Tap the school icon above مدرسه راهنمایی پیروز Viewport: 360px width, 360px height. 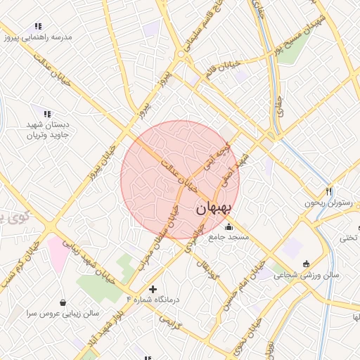pos(37,27)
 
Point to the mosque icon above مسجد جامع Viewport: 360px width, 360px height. pos(229,226)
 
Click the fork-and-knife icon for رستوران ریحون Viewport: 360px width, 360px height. pos(328,191)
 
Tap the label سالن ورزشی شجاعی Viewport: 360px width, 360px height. pos(310,275)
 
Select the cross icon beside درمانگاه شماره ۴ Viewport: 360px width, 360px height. pos(153,289)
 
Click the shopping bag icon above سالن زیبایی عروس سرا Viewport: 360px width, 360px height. pos(63,302)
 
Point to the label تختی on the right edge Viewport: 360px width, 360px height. pos(349,238)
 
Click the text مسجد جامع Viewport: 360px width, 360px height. pos(229,238)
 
